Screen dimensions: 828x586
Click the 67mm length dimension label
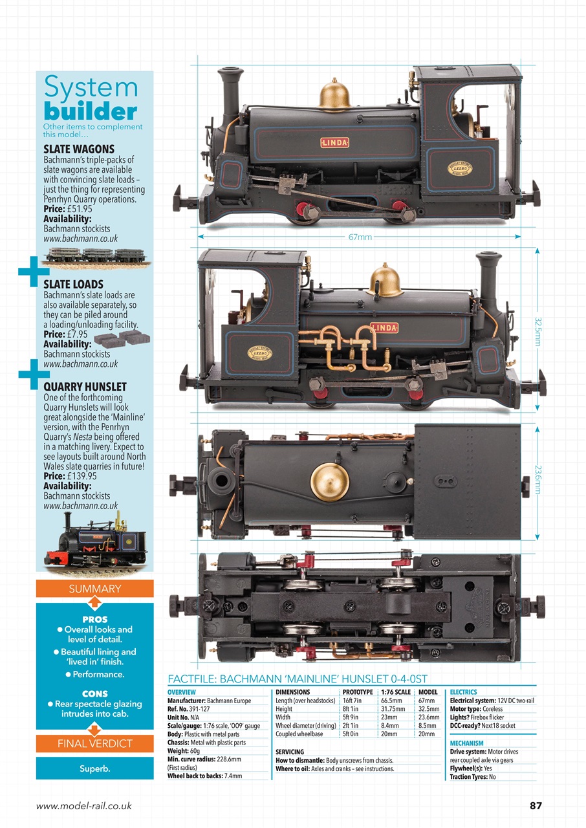click(360, 237)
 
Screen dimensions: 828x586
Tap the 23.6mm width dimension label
click(537, 481)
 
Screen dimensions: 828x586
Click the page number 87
click(536, 805)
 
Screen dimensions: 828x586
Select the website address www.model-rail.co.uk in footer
click(84, 806)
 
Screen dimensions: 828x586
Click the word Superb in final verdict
click(94, 769)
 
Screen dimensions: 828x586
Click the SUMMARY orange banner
click(94, 589)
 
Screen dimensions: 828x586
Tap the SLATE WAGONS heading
click(78, 149)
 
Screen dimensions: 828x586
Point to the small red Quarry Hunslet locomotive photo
click(96, 540)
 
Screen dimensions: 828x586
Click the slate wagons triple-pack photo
click(97, 256)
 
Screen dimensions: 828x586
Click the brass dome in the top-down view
click(329, 481)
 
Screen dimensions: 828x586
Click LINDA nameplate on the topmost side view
click(334, 142)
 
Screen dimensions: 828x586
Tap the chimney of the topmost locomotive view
click(229, 91)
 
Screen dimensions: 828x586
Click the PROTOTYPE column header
click(357, 692)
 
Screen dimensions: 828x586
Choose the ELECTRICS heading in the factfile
click(463, 692)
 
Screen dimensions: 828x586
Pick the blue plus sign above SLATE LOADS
click(30, 272)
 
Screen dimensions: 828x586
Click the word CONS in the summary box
click(94, 694)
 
